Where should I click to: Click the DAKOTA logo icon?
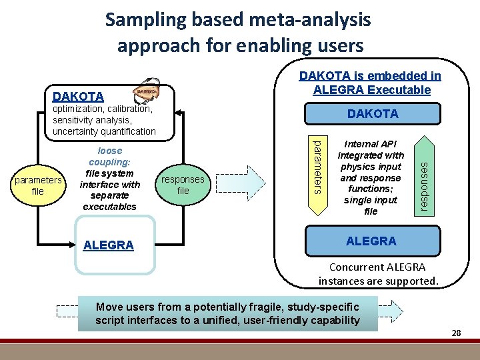click(147, 91)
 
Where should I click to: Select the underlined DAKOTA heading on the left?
click(78, 97)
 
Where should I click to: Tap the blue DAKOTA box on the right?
click(373, 114)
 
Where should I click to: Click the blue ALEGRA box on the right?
click(371, 241)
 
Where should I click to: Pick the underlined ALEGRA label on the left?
click(109, 245)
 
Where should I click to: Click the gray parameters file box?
click(38, 185)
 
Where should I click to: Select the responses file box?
click(183, 185)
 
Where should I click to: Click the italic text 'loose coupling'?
click(109, 157)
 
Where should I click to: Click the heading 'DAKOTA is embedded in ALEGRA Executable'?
click(369, 83)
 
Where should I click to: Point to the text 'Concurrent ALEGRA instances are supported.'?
click(378, 274)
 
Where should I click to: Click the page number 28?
click(456, 332)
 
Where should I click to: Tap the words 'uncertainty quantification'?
click(103, 131)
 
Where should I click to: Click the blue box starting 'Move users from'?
click(227, 313)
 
